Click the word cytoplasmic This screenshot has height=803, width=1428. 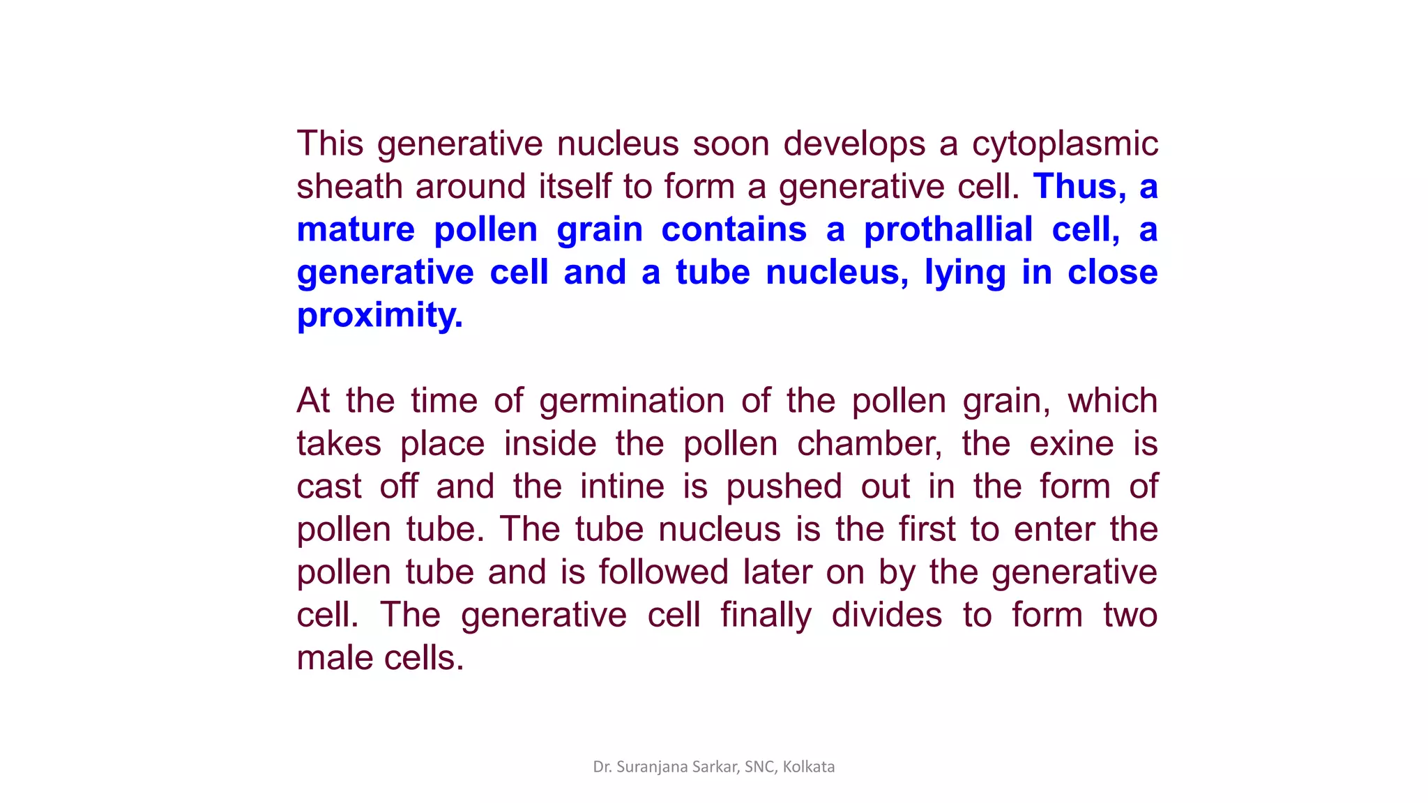click(x=1065, y=144)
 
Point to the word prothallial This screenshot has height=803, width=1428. click(x=948, y=230)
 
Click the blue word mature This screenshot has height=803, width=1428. click(x=356, y=230)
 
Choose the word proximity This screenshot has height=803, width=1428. click(x=379, y=316)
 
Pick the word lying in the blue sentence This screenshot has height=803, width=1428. click(x=964, y=273)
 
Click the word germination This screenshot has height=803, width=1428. click(x=632, y=401)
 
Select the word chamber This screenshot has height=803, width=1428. click(x=869, y=444)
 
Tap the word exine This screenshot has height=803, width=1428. click(x=1071, y=444)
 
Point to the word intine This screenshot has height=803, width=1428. click(x=622, y=487)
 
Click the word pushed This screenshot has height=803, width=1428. click(x=784, y=487)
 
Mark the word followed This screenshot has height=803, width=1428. click(x=663, y=572)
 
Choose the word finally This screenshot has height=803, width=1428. click(x=766, y=615)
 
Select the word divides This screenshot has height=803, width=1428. click(x=886, y=615)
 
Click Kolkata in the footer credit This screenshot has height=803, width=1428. click(x=808, y=767)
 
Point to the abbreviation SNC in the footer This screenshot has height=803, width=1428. click(x=758, y=767)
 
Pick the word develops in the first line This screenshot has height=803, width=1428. click(x=853, y=144)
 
